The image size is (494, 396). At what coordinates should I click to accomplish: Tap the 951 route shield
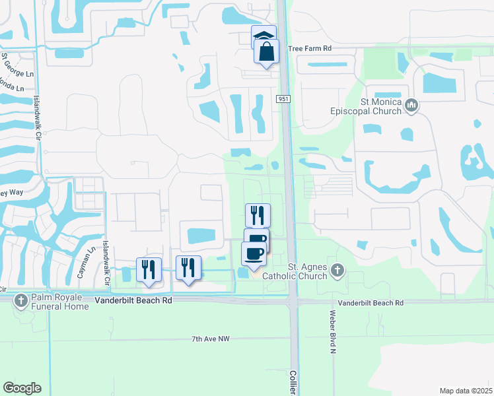click(x=283, y=98)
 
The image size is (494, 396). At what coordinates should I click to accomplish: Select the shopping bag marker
click(x=266, y=52)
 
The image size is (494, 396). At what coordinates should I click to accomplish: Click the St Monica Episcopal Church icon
click(x=411, y=104)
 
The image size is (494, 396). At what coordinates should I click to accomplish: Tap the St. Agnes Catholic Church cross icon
click(x=337, y=269)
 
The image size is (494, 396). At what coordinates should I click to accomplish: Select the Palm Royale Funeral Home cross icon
click(x=21, y=300)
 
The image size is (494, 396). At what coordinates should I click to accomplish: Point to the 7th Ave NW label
click(x=211, y=339)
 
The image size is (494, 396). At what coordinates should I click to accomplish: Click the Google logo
click(x=22, y=387)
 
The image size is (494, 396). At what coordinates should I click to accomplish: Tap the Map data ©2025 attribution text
click(x=466, y=391)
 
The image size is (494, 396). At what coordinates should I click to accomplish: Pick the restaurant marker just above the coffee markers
click(x=258, y=215)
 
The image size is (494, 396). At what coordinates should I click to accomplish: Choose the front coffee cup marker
click(x=254, y=253)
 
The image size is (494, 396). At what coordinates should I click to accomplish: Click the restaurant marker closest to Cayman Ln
click(x=149, y=269)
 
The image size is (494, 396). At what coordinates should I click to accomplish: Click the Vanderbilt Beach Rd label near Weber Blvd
click(x=370, y=302)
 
